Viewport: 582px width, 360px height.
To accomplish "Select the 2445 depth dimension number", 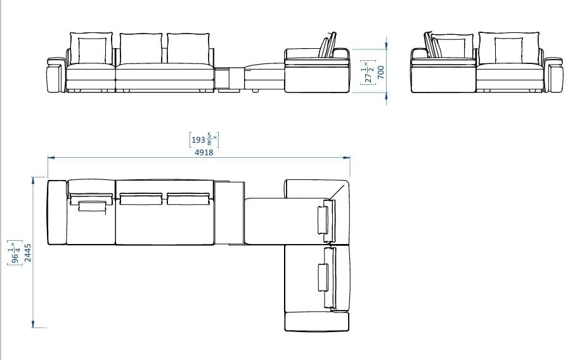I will [x=27, y=252].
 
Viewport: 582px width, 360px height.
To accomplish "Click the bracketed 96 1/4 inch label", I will [x=15, y=252].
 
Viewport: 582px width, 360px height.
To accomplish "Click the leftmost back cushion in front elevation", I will [x=93, y=49].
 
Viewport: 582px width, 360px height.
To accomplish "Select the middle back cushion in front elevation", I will [x=141, y=48].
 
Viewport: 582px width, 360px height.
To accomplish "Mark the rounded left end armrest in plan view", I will [x=57, y=212].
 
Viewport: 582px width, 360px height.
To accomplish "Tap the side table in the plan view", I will [x=229, y=212].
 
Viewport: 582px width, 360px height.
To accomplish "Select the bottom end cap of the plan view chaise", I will [x=317, y=321].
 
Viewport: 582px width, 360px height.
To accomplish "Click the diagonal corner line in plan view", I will [x=339, y=191].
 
